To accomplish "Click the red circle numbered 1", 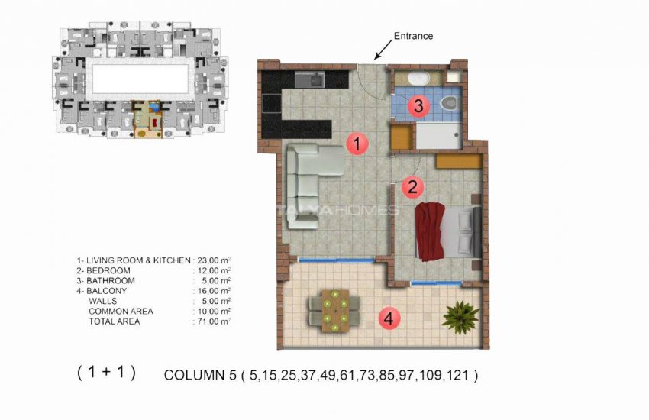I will point(357,142).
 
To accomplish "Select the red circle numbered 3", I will point(417,106).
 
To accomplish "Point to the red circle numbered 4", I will point(388,319).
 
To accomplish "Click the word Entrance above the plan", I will point(412,36).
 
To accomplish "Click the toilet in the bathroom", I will point(450,102).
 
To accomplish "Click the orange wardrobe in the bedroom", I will point(459,161).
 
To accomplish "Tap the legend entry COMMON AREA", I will point(121,312).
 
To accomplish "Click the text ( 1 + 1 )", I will point(106,373).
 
